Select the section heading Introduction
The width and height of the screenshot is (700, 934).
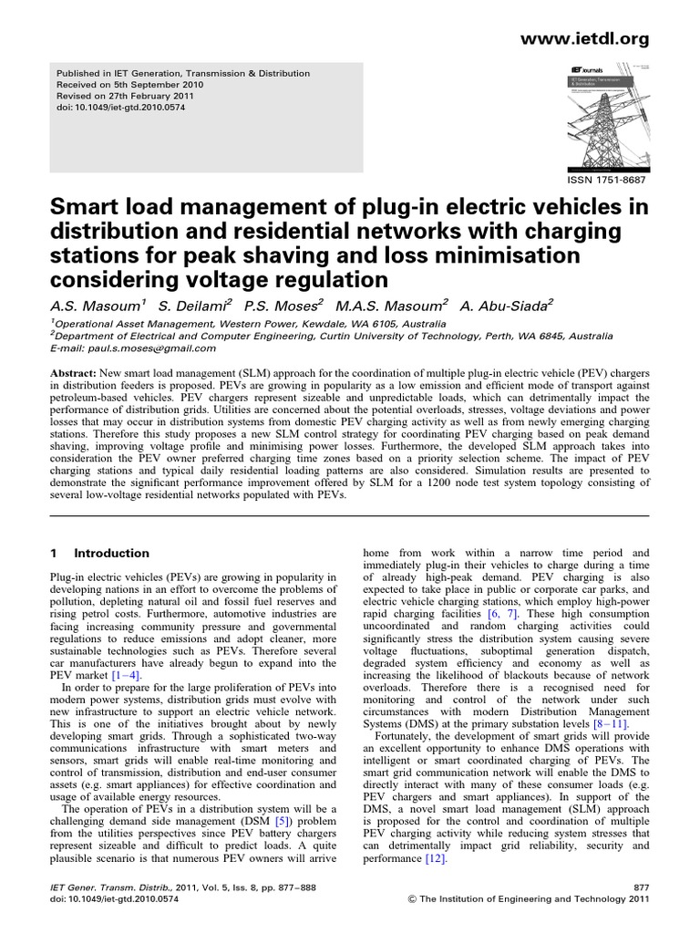click(x=111, y=553)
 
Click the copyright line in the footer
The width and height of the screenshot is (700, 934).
click(x=542, y=898)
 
